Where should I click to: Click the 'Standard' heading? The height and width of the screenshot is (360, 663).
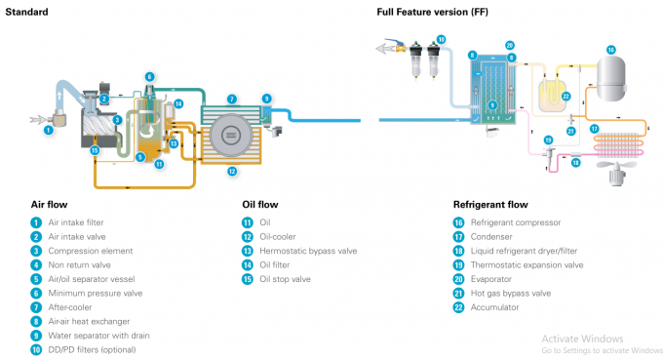coord(26,12)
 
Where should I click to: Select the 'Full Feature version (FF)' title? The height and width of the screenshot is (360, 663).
coord(432,12)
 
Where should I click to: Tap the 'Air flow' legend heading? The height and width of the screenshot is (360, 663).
coord(49,205)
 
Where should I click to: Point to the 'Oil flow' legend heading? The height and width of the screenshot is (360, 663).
coord(260,205)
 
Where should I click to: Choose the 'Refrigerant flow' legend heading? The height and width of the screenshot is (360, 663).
coord(490,205)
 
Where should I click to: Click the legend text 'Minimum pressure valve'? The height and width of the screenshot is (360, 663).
coord(96,293)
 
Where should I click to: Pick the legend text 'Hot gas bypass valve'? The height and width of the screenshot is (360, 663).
coord(511,293)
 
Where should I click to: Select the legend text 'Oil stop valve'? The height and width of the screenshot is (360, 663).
coord(285,279)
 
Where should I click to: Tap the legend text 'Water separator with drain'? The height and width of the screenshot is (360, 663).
coord(98,336)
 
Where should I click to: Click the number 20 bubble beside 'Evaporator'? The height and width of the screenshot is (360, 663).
coord(459,279)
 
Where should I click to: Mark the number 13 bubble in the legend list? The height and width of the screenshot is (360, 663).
coord(248,251)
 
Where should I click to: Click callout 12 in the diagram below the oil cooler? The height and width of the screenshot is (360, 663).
coord(232,172)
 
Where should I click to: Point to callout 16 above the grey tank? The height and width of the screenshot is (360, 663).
coord(611,50)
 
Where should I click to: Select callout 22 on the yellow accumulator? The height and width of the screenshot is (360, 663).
coord(565,97)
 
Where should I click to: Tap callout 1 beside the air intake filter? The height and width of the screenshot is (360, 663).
coord(48,130)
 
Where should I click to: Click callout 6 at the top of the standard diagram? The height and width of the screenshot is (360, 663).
coord(149,76)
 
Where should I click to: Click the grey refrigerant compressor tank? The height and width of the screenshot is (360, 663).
coord(611,79)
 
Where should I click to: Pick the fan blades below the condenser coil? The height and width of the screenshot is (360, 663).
coord(617,165)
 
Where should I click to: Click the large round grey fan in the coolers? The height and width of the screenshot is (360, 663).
coord(231,136)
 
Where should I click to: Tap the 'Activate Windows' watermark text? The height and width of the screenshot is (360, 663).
coord(582,339)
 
